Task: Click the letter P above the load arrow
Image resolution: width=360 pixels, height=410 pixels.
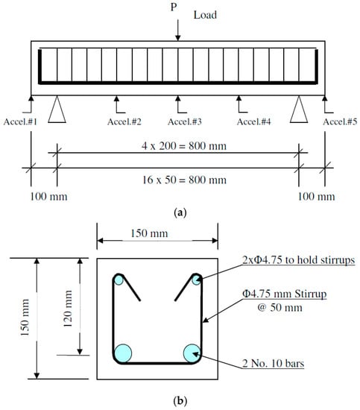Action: point(174,7)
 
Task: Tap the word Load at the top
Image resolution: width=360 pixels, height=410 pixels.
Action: point(205,15)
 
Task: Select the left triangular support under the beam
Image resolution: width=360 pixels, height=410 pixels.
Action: point(57,110)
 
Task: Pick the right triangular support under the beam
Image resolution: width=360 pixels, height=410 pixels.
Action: point(299,110)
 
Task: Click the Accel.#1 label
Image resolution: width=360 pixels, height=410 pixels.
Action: point(20,122)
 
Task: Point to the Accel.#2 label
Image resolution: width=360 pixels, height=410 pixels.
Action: point(124,122)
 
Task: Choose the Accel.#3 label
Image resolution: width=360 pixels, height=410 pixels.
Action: point(185,122)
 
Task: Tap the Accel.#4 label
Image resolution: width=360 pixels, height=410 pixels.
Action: point(254,122)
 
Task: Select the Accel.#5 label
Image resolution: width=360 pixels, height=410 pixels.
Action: point(340,122)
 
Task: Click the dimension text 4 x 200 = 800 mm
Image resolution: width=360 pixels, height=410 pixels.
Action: point(184,145)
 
